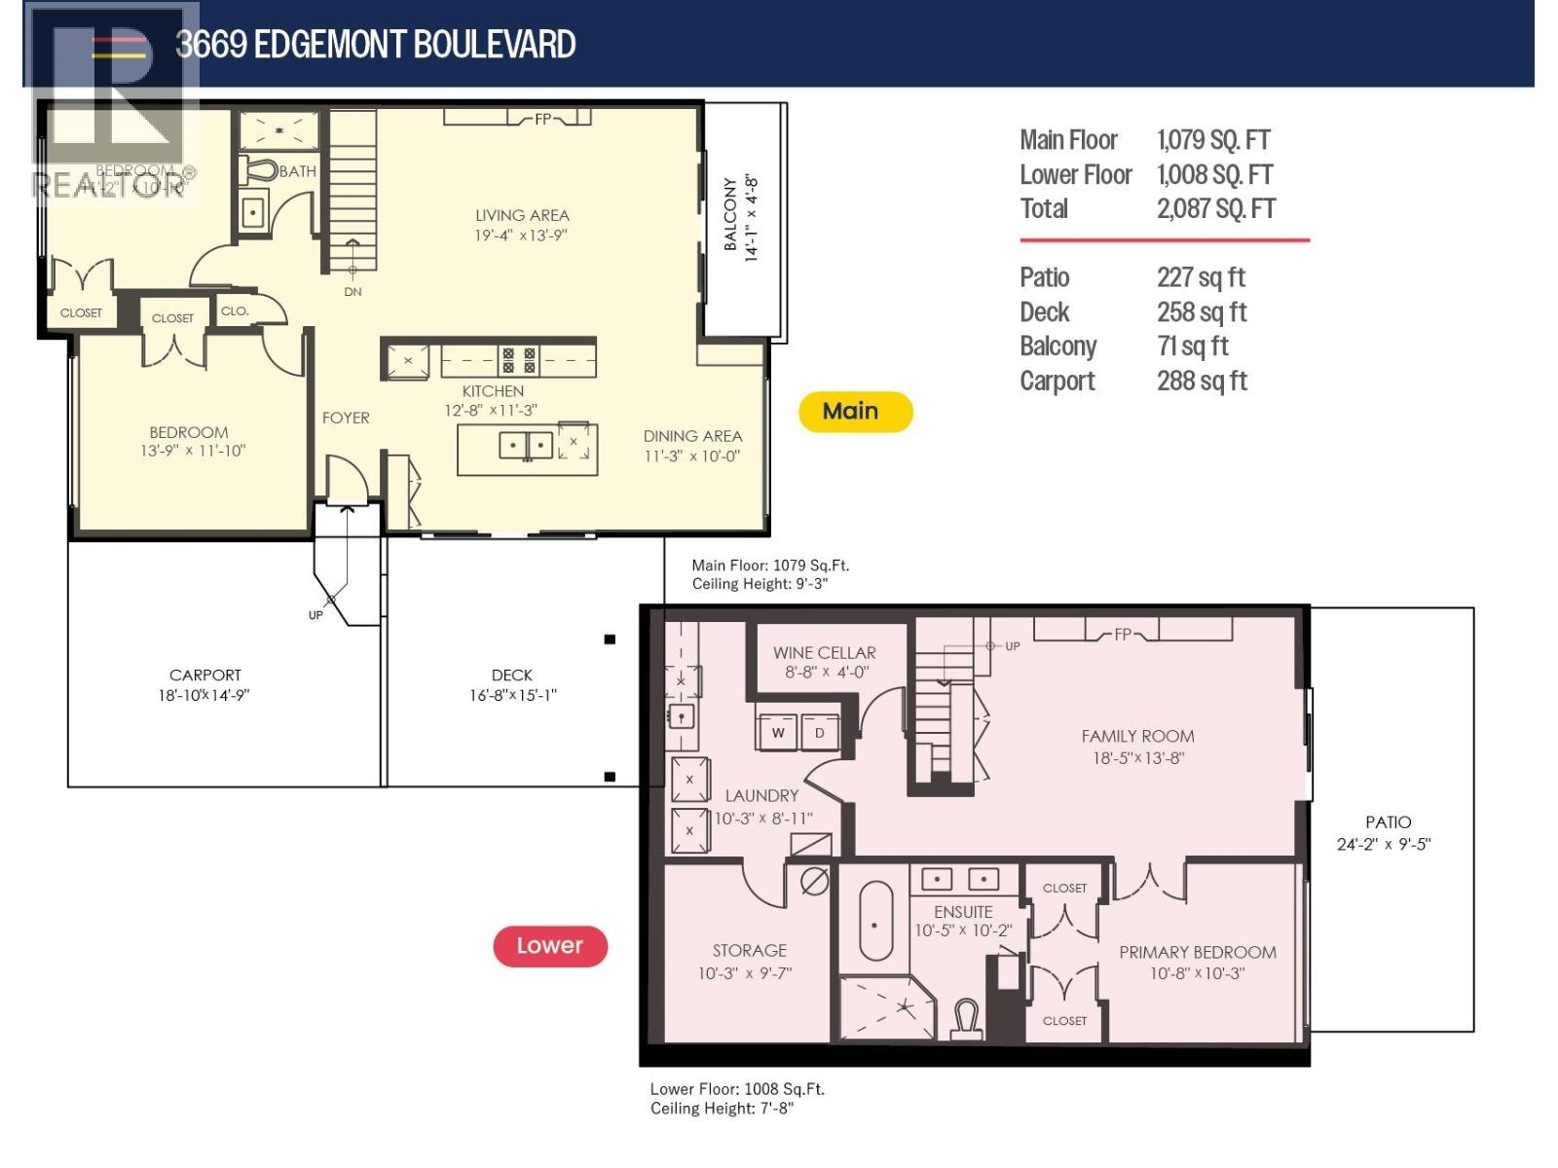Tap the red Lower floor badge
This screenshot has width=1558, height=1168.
(550, 946)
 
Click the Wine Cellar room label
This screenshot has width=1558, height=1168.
(824, 653)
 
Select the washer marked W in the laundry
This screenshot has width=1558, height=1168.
(778, 733)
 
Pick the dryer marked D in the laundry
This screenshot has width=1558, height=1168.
(820, 733)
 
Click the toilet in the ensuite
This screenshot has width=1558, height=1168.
(966, 1021)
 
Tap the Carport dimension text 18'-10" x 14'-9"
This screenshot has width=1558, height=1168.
(204, 695)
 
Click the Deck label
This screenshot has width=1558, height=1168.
(512, 675)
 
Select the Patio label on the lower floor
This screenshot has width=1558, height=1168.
(1388, 822)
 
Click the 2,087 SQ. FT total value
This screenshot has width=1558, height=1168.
(1215, 209)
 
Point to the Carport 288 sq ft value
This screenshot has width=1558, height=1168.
(1202, 382)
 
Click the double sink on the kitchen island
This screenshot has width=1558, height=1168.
(526, 446)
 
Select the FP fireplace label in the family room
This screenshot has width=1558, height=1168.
(1123, 635)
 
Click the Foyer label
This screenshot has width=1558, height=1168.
(346, 418)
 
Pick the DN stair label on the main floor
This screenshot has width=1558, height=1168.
(352, 291)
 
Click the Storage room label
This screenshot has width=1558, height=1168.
(749, 950)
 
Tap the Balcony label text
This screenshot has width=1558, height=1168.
(730, 215)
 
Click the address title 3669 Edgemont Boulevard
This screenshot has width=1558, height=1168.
(375, 45)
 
